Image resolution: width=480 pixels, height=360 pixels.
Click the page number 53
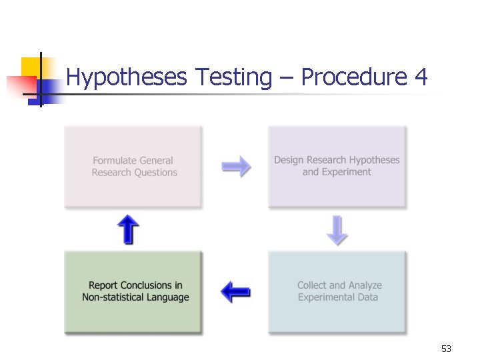(446, 349)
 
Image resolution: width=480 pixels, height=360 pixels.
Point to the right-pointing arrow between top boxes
(236, 166)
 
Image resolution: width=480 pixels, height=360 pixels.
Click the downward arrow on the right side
(337, 230)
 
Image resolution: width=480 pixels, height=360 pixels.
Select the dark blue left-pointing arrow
(235, 291)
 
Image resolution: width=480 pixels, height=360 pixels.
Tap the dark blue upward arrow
(128, 230)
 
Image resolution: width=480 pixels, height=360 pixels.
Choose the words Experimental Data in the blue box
(337, 297)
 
